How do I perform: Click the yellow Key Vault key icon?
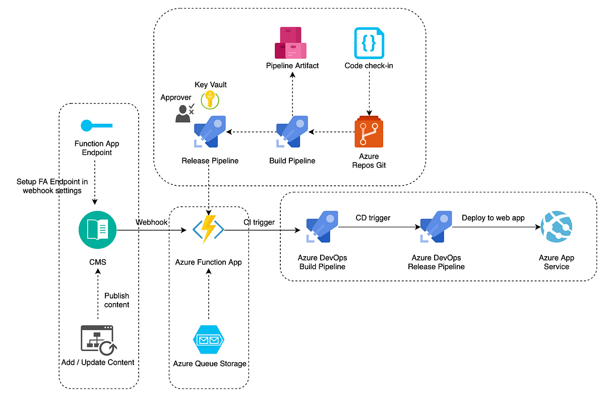210,100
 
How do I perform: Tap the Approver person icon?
185,113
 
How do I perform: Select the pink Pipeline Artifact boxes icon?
290,43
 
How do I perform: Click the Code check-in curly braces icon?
369,43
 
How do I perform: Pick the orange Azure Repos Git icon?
369,132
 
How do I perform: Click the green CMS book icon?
97,230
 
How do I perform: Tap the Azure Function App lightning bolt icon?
208,229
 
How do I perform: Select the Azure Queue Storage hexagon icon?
209,339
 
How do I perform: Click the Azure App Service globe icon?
557,227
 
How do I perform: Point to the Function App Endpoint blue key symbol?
97,126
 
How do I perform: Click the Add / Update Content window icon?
99,340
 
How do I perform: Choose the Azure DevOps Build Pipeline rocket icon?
322,227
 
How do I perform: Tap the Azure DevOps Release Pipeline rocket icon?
436,227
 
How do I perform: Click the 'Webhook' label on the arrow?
152,222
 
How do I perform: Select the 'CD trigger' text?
373,218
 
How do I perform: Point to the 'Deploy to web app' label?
493,218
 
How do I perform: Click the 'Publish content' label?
116,300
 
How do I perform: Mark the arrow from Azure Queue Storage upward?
209,293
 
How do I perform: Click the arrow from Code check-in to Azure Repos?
369,93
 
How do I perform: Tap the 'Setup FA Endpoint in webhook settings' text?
52,186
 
